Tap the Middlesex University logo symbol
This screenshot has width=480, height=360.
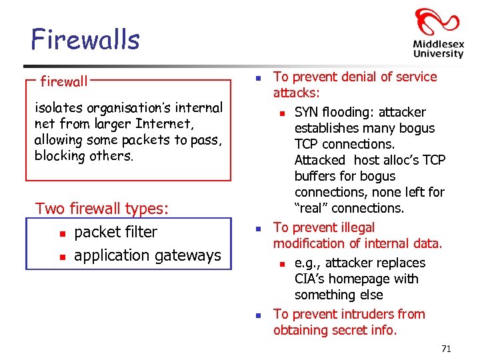pos(437,24)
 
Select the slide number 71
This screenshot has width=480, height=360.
pos(447,349)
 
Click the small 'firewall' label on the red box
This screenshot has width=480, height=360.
pos(64,82)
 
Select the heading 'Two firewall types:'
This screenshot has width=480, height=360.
pos(102,208)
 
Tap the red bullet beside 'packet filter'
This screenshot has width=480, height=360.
pos(61,233)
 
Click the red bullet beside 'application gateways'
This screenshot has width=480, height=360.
pos(61,257)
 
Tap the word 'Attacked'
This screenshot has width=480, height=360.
pos(320,160)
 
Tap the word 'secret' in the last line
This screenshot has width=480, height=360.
pos(360,330)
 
